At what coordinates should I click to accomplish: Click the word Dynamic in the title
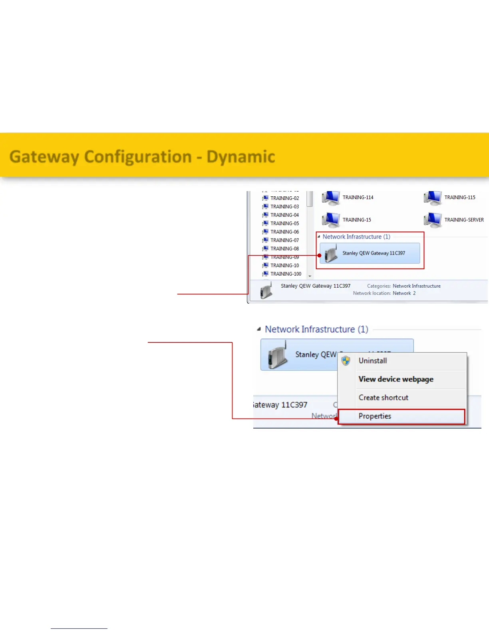pos(241,157)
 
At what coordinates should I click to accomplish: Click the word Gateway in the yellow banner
pos(44,157)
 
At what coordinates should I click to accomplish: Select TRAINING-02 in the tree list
pos(284,198)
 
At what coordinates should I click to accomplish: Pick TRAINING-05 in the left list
pos(284,223)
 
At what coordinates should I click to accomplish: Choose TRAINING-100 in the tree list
pos(286,274)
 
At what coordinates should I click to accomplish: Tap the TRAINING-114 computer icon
pos(330,198)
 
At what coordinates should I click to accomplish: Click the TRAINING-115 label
pos(459,197)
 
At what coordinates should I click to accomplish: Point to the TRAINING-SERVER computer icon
pos(432,220)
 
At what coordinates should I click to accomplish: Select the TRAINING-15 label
pos(356,220)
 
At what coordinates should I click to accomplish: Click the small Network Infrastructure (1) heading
pos(356,237)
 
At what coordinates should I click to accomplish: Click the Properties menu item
pos(375,416)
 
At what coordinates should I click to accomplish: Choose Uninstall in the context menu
pos(372,361)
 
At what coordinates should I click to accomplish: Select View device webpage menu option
pos(396,379)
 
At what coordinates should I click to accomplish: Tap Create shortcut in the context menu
pos(383,398)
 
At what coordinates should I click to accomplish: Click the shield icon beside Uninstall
pos(346,361)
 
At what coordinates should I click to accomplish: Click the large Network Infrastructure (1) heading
pos(316,329)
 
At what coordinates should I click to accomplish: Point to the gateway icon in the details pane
pos(266,290)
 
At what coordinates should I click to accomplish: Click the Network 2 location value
pos(404,293)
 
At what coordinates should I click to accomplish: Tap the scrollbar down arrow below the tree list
pos(310,276)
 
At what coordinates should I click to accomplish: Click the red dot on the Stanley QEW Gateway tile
pos(320,255)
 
